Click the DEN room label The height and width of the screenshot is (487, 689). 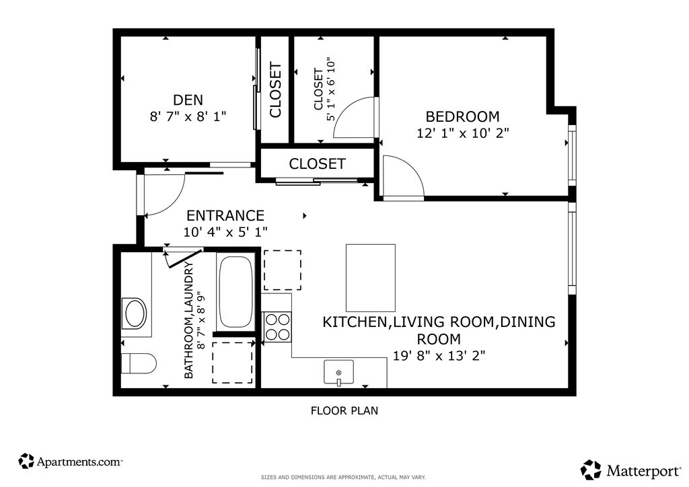pyautogui.click(x=188, y=100)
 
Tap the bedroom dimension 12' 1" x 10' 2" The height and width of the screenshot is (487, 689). pyautogui.click(x=463, y=133)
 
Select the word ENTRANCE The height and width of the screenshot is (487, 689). pyautogui.click(x=225, y=216)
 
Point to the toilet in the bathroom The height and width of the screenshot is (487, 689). pyautogui.click(x=139, y=363)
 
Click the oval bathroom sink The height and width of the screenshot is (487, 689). pyautogui.click(x=135, y=313)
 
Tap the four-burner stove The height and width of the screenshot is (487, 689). pyautogui.click(x=278, y=327)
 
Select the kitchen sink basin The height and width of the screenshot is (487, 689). pyautogui.click(x=339, y=373)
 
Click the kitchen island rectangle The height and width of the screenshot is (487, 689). pyautogui.click(x=371, y=278)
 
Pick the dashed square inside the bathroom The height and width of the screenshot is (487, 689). pyautogui.click(x=232, y=363)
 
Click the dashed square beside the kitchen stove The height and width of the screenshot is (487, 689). pyautogui.click(x=282, y=270)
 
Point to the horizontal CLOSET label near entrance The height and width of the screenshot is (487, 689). pyautogui.click(x=318, y=164)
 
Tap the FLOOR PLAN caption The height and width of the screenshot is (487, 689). pyautogui.click(x=344, y=410)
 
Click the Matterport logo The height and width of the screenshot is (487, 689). pyautogui.click(x=630, y=470)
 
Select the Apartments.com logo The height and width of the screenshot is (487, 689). pyautogui.click(x=70, y=461)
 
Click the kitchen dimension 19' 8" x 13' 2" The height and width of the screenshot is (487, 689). pyautogui.click(x=439, y=356)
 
